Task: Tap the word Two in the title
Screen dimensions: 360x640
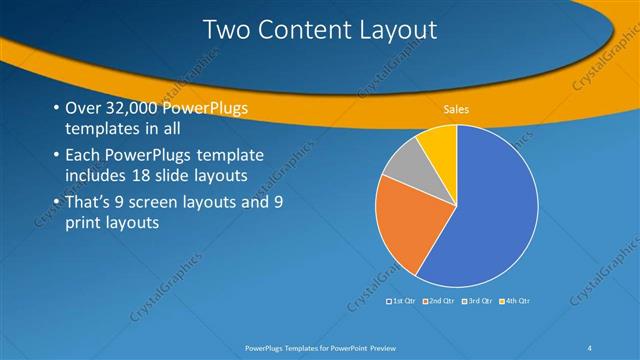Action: click(225, 30)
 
